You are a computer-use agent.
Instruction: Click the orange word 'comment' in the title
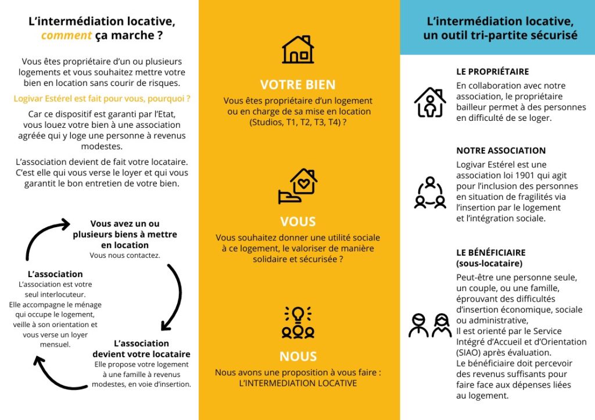tap(66, 35)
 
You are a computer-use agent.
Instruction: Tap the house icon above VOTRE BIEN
tap(298, 49)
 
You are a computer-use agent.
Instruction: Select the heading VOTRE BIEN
tap(298, 84)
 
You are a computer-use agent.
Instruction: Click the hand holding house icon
tap(298, 186)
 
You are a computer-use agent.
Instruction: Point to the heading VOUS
tap(298, 221)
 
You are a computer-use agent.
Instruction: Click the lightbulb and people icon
tap(298, 322)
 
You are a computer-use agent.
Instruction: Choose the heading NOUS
tap(298, 356)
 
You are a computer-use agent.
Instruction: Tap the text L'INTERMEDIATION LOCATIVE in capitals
tap(298, 383)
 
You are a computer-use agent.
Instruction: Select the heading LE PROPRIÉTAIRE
tap(492, 71)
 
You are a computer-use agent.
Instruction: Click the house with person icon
tap(430, 102)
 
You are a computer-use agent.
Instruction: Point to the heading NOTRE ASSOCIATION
tap(501, 150)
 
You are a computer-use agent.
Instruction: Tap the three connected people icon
tap(430, 193)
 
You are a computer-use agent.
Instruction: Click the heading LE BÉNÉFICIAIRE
tap(491, 253)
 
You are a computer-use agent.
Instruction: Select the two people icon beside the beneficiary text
tap(430, 325)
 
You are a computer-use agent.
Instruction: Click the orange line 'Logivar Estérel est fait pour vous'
tap(102, 99)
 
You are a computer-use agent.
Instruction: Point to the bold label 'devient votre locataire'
tap(141, 354)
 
